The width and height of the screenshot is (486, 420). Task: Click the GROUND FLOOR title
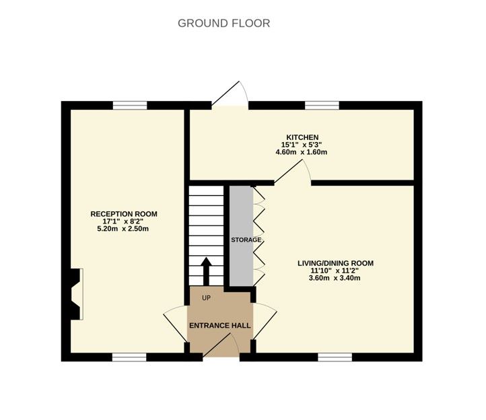pos(223,24)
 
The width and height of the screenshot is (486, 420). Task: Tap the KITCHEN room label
pos(300,137)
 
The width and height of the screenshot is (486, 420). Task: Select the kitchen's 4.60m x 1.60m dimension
pos(300,152)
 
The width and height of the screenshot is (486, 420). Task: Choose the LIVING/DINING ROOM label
pos(335,263)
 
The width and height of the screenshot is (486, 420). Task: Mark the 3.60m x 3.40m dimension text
pos(335,278)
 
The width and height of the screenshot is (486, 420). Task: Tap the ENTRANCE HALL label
pos(219,326)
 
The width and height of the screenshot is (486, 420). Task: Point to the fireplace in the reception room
pos(76,293)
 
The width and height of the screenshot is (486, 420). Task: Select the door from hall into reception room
pos(176,325)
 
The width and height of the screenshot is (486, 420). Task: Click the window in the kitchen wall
pos(322,105)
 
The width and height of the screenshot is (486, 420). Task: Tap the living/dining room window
pos(335,357)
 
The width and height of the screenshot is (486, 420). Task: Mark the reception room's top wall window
pos(129,105)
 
